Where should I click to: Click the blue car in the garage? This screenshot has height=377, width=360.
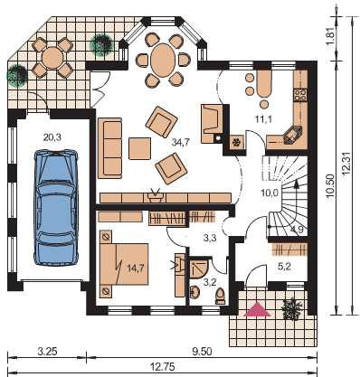(x=56, y=207)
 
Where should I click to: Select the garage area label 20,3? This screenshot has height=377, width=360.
(x=52, y=137)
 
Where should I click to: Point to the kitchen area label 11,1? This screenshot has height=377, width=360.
(x=263, y=119)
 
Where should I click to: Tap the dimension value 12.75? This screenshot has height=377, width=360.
(x=163, y=366)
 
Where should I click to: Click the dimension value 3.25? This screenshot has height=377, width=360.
(x=47, y=352)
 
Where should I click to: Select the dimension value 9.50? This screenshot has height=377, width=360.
(x=202, y=352)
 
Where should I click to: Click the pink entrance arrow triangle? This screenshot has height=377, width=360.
(x=257, y=310)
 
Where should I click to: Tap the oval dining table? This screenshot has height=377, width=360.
(x=163, y=60)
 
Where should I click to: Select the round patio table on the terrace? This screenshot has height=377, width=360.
(x=52, y=58)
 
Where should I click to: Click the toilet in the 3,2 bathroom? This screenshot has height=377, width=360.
(x=221, y=296)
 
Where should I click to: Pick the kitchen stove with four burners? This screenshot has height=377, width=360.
(x=300, y=95)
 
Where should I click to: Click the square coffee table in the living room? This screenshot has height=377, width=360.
(x=139, y=148)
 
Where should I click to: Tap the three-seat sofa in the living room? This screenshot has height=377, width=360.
(x=109, y=147)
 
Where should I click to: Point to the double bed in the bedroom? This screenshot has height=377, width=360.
(x=124, y=264)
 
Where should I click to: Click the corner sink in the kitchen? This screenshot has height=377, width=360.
(x=292, y=136)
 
